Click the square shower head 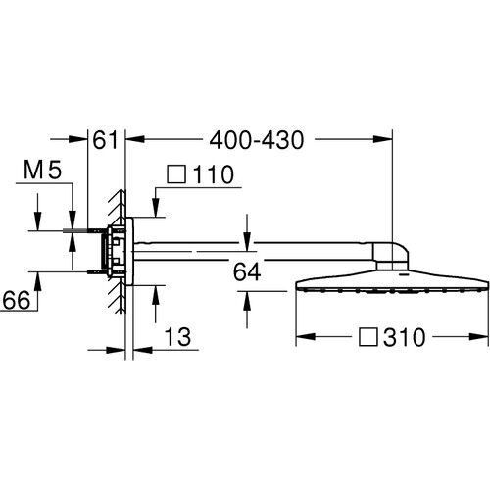[x=392, y=284]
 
